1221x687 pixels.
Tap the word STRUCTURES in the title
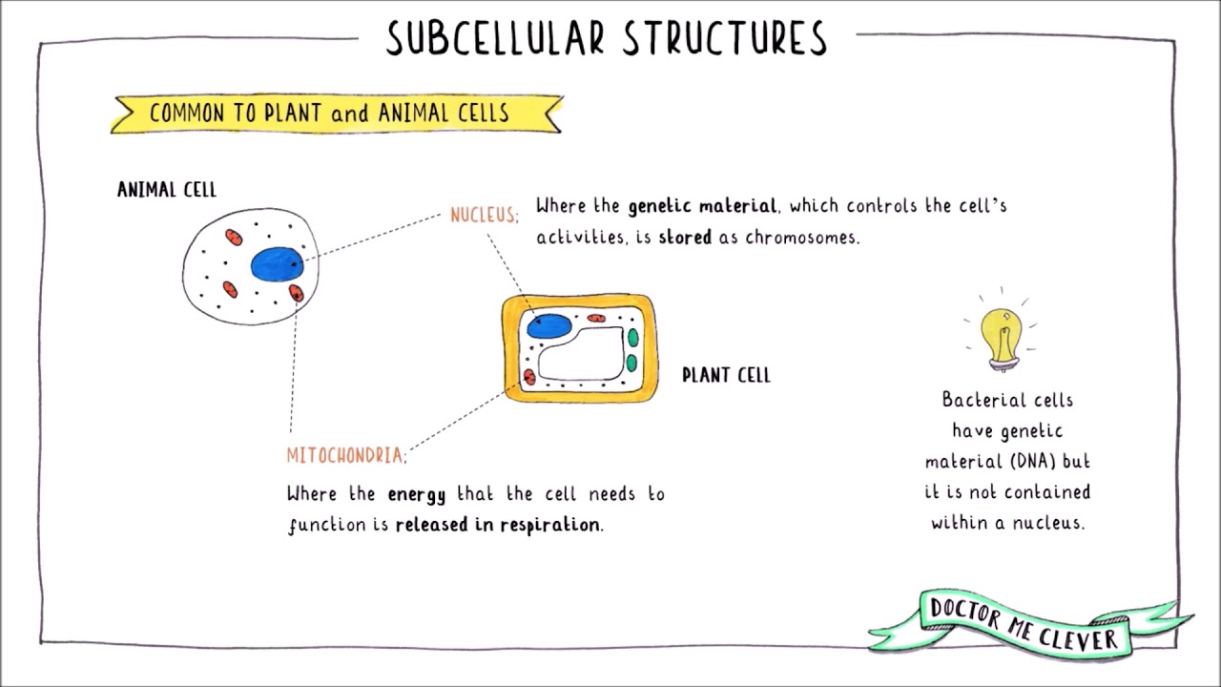[x=725, y=38]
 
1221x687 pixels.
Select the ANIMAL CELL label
[x=167, y=189]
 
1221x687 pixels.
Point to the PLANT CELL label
[x=726, y=375]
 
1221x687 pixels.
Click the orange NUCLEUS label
[x=484, y=215]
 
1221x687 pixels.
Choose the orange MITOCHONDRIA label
[x=345, y=455]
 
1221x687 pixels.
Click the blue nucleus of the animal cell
[x=277, y=263]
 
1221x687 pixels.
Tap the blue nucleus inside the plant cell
[x=548, y=324]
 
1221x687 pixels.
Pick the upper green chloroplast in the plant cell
[x=631, y=338]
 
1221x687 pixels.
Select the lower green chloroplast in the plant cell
[x=631, y=363]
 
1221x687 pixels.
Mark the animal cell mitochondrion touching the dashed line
[x=296, y=292]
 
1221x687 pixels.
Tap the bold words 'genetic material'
[x=702, y=206]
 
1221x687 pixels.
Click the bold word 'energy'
[x=416, y=494]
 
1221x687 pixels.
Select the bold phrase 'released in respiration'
[x=498, y=525]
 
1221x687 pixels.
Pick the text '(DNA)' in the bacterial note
[x=1030, y=461]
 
